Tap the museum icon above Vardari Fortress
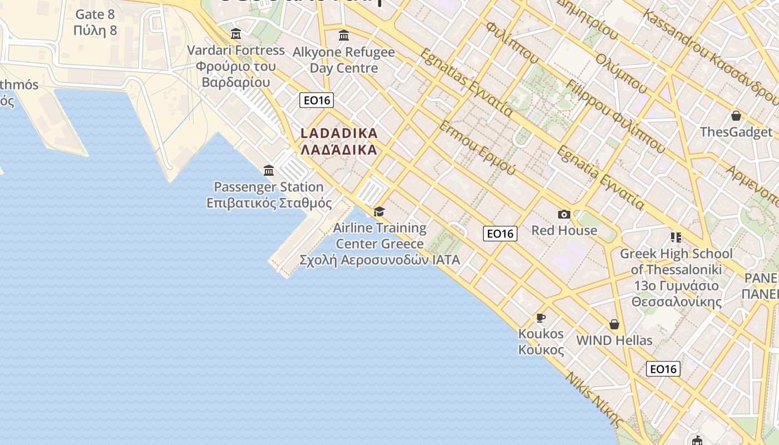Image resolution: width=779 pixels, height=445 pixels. [x=236, y=34]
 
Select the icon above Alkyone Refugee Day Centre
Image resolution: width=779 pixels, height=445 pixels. [x=344, y=36]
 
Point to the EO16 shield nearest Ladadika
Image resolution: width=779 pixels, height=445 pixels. [x=316, y=100]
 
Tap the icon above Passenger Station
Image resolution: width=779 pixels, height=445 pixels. [x=269, y=170]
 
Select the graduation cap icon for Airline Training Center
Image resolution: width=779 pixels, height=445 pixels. [x=379, y=212]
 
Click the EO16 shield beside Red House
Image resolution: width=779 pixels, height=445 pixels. [x=500, y=234]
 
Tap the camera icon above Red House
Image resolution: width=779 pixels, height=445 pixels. [x=564, y=215]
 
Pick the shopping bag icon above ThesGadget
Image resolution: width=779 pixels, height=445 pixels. [x=736, y=116]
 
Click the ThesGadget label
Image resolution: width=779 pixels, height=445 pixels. [x=736, y=132]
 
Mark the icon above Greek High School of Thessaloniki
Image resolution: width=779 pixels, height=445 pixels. [x=676, y=238]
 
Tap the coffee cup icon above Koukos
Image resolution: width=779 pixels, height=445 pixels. [x=540, y=318]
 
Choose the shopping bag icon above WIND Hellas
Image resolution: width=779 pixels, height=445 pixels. [x=614, y=324]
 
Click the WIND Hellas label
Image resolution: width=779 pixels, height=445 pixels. [x=614, y=340]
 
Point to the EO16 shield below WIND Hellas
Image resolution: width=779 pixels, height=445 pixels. [x=663, y=369]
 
